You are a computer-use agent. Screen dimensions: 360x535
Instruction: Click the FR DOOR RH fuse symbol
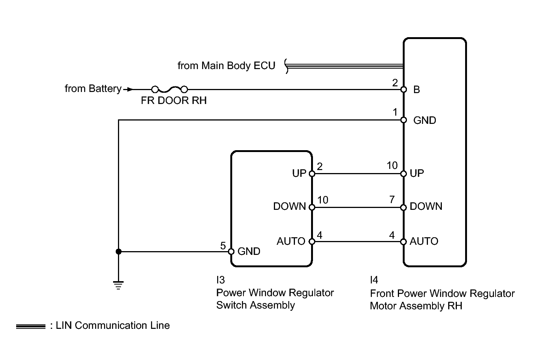pos(169,89)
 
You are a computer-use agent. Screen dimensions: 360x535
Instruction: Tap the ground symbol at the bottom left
pos(118,285)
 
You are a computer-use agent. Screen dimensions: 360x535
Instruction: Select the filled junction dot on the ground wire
pos(118,252)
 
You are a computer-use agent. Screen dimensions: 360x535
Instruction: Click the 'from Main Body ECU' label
pos(226,66)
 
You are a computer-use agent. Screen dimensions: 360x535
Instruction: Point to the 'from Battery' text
pos(93,89)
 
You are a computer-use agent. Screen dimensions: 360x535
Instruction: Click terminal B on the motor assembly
pos(404,89)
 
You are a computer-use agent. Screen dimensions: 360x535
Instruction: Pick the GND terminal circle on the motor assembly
pos(404,120)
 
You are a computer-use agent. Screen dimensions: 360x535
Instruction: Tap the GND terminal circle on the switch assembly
pos(231,252)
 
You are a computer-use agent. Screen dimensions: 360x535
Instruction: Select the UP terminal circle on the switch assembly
pos(312,173)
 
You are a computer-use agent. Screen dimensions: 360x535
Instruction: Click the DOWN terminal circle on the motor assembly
pos(404,207)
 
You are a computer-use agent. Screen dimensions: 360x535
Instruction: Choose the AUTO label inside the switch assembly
pos(291,241)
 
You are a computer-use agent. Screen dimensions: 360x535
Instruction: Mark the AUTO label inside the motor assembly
pos(424,241)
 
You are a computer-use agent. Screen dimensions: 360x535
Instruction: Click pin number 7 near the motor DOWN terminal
pos(392,200)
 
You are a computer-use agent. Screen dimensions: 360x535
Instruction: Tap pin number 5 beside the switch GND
pos(223,246)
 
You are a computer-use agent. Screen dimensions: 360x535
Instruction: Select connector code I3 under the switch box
pos(220,280)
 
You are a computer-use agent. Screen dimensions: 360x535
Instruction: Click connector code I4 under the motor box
pos(374,280)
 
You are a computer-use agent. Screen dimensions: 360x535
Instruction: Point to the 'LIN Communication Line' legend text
pos(113,325)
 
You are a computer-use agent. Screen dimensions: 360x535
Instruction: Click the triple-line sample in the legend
pos(30,326)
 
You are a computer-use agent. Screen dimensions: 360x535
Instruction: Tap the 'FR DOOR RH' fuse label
pos(174,101)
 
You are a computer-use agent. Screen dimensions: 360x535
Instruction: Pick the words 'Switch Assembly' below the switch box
pos(255,305)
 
